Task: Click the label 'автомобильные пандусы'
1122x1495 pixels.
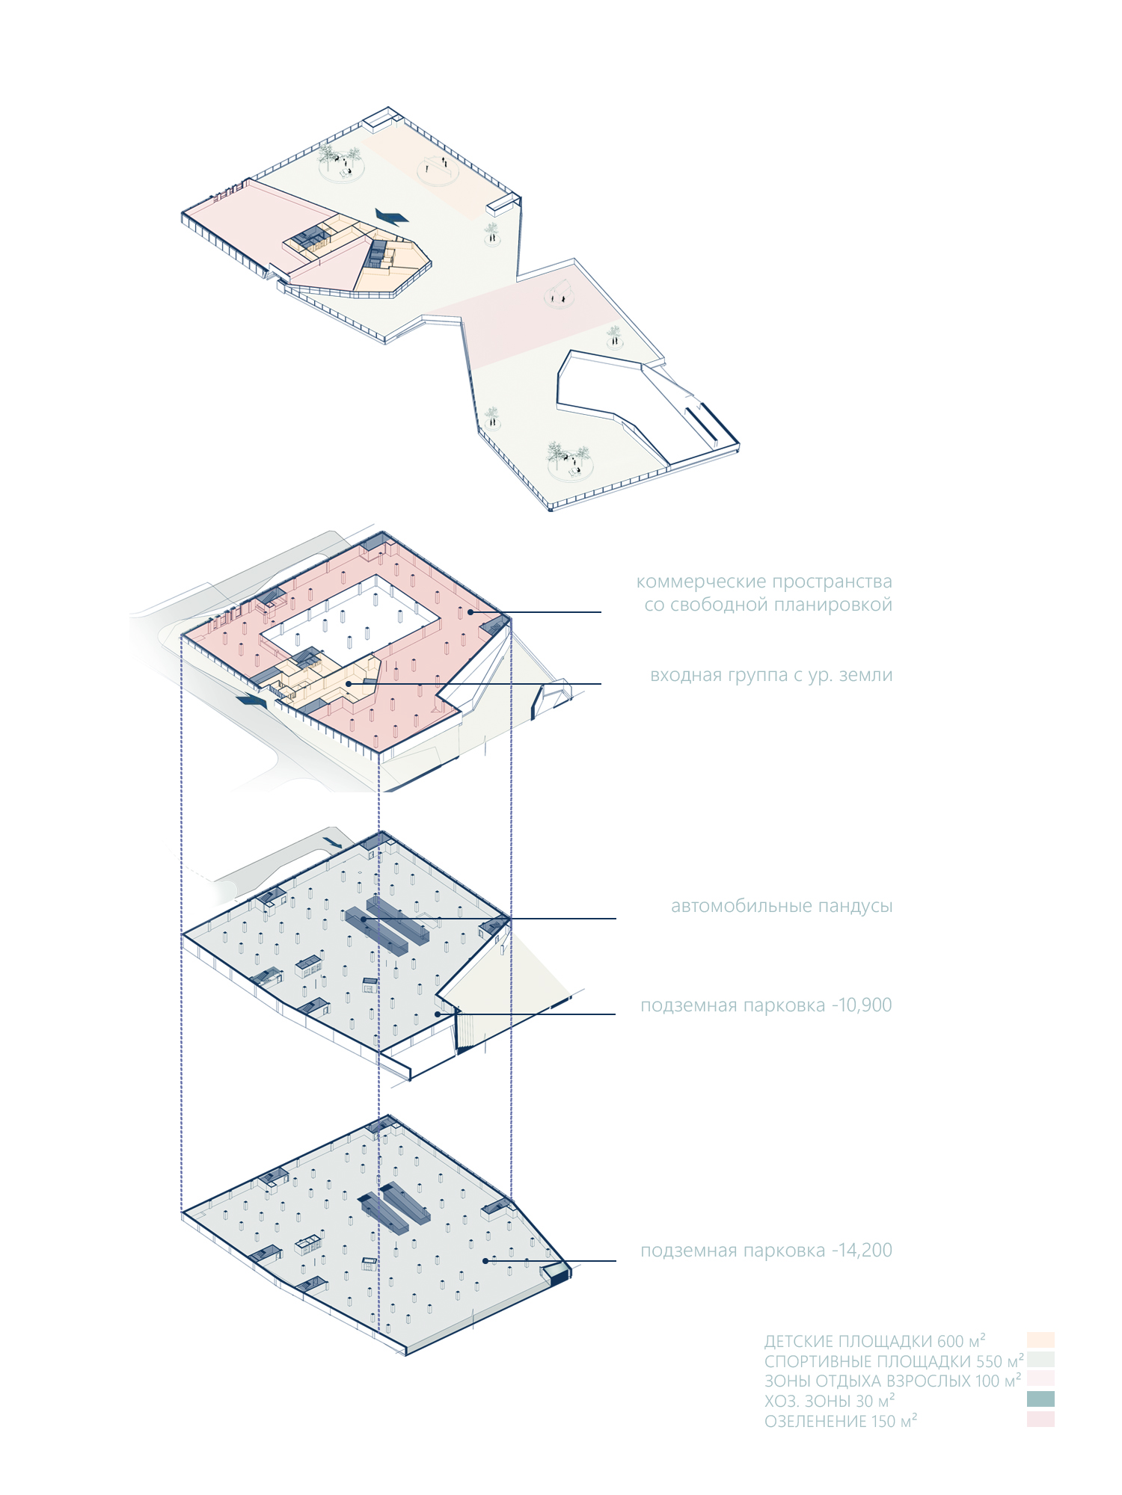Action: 782,906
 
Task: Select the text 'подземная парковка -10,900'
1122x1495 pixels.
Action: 766,1005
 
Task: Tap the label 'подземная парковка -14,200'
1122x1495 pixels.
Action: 766,1250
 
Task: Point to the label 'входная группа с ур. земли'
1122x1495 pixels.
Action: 771,675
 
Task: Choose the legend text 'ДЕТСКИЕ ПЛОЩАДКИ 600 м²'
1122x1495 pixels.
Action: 874,1341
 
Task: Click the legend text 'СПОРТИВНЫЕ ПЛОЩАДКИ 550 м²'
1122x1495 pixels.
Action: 893,1361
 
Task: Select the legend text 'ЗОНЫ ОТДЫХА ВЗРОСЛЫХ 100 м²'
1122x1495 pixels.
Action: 892,1381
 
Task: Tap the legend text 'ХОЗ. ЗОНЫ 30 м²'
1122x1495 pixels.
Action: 830,1401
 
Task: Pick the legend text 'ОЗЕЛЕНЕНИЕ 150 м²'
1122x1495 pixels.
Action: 841,1421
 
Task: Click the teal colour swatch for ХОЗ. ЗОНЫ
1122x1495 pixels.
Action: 1040,1399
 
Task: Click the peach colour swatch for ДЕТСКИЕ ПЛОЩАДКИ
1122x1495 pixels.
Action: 1040,1339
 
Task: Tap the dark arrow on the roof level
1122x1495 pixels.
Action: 392,217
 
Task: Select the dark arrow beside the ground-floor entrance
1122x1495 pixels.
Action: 251,700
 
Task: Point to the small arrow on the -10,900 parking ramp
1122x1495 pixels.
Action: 334,842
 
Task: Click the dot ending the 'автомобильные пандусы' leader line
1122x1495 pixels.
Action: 364,919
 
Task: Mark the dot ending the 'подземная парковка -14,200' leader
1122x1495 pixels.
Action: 485,1261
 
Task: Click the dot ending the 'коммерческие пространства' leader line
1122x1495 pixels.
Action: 470,612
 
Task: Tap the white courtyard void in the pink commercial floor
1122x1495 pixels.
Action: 349,617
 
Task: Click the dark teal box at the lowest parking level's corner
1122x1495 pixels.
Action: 556,1274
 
